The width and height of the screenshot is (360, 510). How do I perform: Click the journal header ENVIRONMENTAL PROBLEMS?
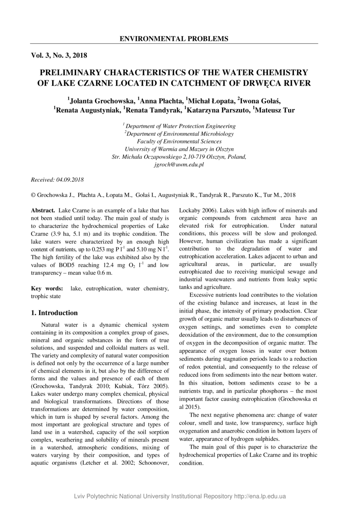coord(174,39)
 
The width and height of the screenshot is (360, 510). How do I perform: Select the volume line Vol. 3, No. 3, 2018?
coord(59,55)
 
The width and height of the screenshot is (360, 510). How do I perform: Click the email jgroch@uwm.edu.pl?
coord(179,164)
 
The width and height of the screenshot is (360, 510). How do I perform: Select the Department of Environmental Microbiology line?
coord(180,134)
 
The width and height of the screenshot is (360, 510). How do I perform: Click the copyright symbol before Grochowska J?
coord(33,195)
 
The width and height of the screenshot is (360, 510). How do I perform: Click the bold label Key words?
coord(47,289)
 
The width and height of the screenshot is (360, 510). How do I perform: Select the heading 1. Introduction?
coord(54,313)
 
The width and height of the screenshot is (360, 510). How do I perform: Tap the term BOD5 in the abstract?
coord(59,265)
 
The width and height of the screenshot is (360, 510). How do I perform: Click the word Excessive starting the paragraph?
coord(203,295)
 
